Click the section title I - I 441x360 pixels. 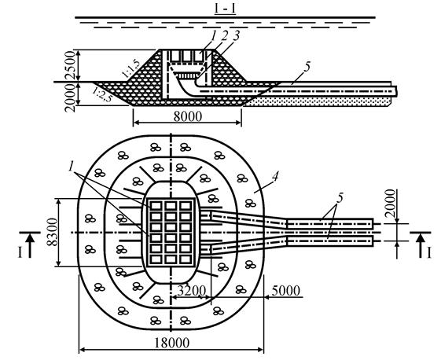click(x=225, y=9)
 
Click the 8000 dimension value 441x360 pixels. click(x=188, y=116)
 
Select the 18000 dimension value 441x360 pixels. click(x=172, y=343)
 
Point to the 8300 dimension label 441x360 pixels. click(x=53, y=233)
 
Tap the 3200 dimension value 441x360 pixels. click(x=192, y=291)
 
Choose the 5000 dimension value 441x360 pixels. click(x=286, y=291)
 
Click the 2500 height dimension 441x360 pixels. click(x=70, y=66)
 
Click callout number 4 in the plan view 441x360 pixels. click(x=275, y=177)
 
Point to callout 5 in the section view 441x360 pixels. click(x=307, y=67)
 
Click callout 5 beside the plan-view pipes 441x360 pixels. click(x=340, y=198)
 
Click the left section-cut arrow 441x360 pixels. click(x=31, y=245)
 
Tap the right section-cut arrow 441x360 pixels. click(x=421, y=245)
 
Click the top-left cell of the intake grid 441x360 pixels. click(x=156, y=206)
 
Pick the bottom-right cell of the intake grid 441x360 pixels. click(x=186, y=259)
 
